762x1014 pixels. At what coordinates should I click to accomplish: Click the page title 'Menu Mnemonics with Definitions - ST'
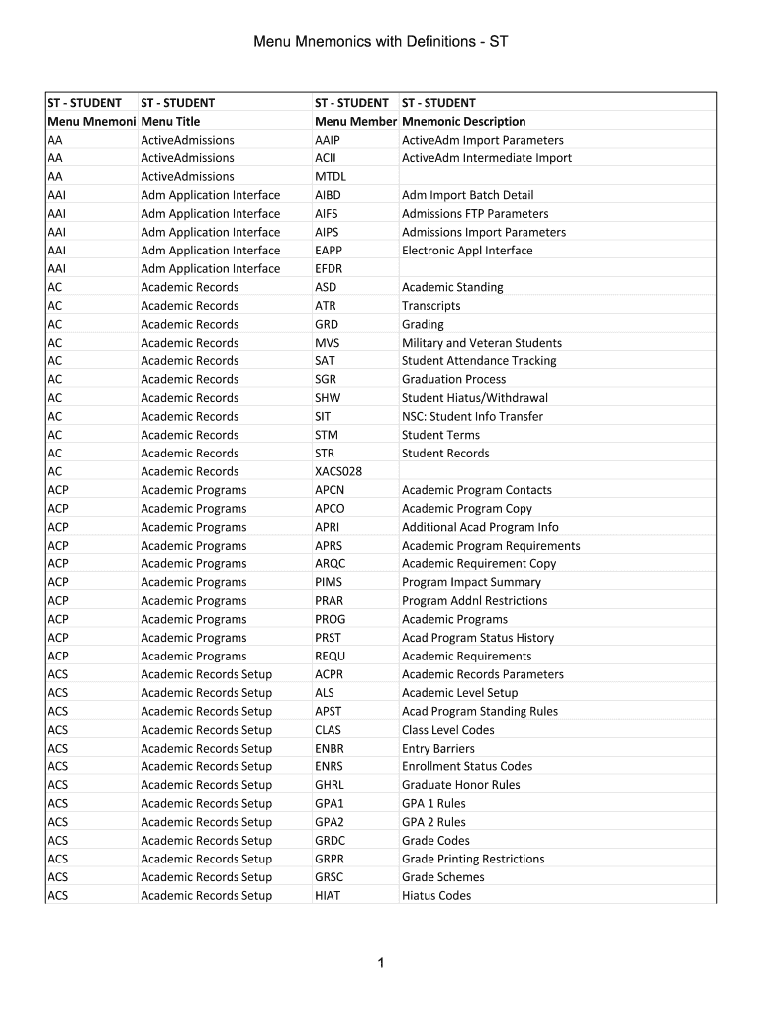click(381, 42)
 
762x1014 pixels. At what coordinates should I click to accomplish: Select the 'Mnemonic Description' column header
click(463, 121)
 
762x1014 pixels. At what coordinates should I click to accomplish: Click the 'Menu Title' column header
click(170, 121)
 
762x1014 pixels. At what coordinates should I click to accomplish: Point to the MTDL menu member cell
click(331, 176)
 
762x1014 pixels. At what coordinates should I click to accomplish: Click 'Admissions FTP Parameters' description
click(475, 213)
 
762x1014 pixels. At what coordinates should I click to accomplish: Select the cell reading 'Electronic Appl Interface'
click(467, 251)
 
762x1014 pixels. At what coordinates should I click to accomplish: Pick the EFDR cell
click(330, 268)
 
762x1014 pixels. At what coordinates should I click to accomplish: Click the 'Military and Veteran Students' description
click(481, 343)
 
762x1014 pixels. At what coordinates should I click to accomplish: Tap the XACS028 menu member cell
click(338, 471)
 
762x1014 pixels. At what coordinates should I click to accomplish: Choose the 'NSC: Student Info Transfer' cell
click(472, 416)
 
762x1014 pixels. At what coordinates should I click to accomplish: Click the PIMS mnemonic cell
click(329, 582)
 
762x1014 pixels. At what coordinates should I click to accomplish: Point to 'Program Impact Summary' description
click(471, 582)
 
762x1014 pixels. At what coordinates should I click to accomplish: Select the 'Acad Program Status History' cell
click(478, 638)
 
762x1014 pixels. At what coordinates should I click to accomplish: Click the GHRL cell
click(330, 785)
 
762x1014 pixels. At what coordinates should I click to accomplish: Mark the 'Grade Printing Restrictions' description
click(473, 859)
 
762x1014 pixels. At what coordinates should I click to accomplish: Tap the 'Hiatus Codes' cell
click(436, 895)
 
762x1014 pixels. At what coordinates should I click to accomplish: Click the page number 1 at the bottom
click(381, 963)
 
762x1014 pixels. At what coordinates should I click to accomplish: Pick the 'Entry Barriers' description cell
click(438, 748)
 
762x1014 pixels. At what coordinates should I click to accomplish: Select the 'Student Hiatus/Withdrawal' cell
click(475, 398)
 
